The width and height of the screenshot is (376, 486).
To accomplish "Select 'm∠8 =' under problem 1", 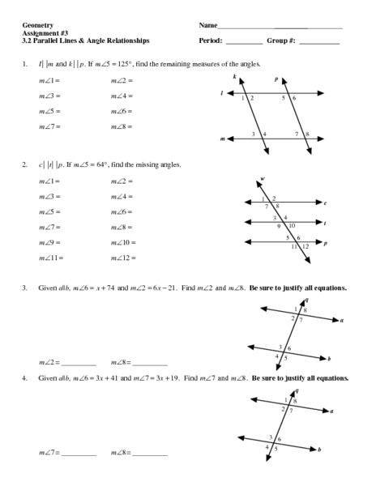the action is (x=122, y=126).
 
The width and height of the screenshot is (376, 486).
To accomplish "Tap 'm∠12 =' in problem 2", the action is (x=123, y=258).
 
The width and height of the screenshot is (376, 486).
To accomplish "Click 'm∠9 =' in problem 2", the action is (x=50, y=242).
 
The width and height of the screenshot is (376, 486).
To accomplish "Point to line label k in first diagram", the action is (x=235, y=78).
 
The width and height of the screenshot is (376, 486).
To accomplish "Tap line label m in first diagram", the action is (x=222, y=139).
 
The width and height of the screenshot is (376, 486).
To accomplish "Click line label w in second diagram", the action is (x=263, y=179).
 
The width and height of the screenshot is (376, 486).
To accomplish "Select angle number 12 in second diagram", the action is (x=305, y=245).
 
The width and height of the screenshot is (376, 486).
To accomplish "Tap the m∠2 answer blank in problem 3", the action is (x=79, y=362).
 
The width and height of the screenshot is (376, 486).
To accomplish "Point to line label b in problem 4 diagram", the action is (x=320, y=448).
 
